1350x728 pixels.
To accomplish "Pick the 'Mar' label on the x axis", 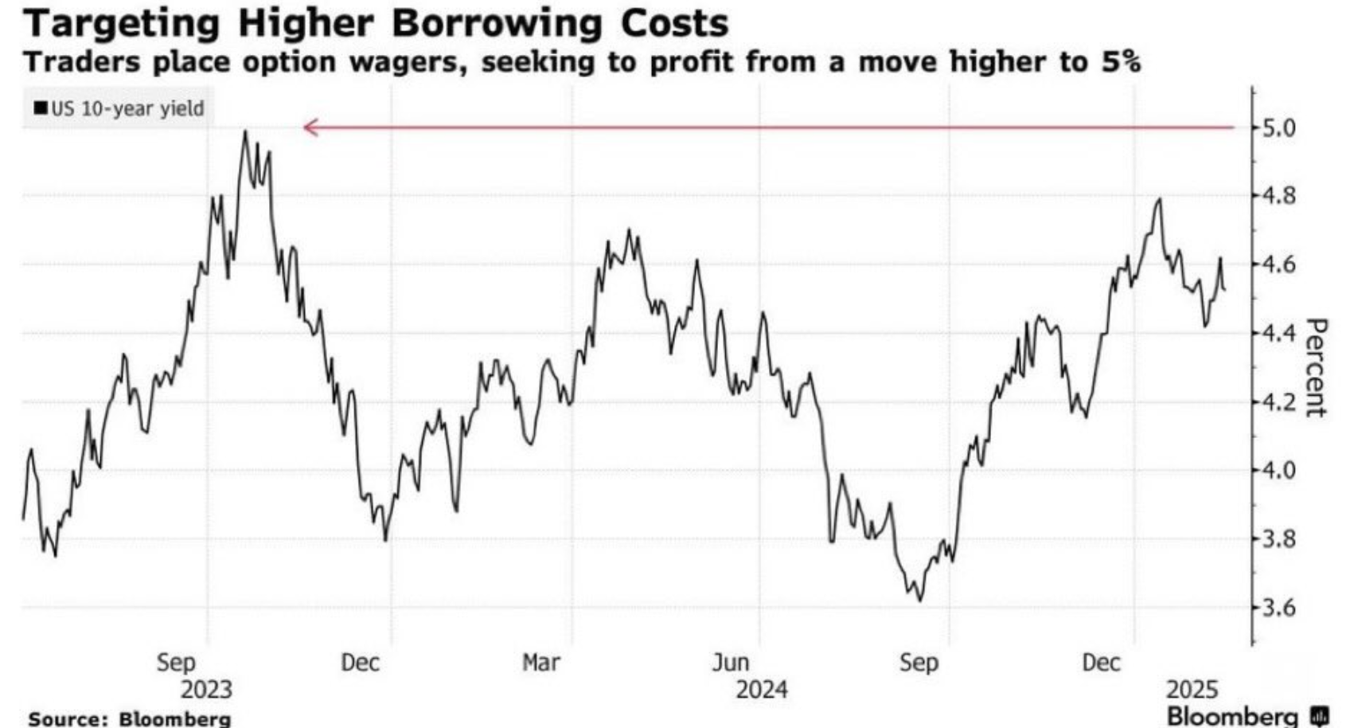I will click(541, 662).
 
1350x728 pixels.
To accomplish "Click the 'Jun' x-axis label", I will click(730, 662).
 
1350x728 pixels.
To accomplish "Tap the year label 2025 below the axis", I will click(1192, 689).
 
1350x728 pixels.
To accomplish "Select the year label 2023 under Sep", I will click(207, 689).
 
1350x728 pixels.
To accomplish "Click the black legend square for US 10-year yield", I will click(40, 108).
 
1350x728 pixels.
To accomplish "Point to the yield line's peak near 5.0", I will click(245, 131).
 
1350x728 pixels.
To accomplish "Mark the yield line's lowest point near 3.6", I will click(921, 601).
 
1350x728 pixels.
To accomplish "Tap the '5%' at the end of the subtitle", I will click(1121, 62).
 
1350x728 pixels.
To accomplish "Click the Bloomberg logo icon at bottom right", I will click(1320, 714).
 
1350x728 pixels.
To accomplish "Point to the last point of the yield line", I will click(1223, 291).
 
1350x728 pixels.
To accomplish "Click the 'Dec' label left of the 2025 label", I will click(1102, 662).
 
